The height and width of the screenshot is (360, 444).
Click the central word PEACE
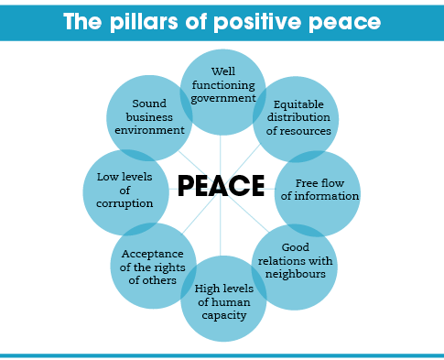221,186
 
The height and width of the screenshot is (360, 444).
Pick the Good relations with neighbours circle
295,261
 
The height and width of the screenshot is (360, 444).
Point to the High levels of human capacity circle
222,301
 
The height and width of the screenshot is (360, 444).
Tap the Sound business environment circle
149,117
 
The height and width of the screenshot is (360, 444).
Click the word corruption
125,203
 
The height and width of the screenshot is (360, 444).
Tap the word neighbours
296,274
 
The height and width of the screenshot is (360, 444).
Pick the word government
222,98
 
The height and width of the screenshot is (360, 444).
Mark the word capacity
222,315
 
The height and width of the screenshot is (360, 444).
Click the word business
149,117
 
